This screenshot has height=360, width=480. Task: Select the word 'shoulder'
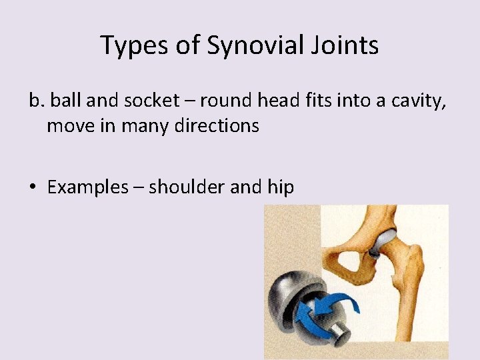coord(187,187)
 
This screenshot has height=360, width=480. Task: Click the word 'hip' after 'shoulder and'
coord(280,187)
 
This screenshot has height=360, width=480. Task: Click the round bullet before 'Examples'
coord(34,188)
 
